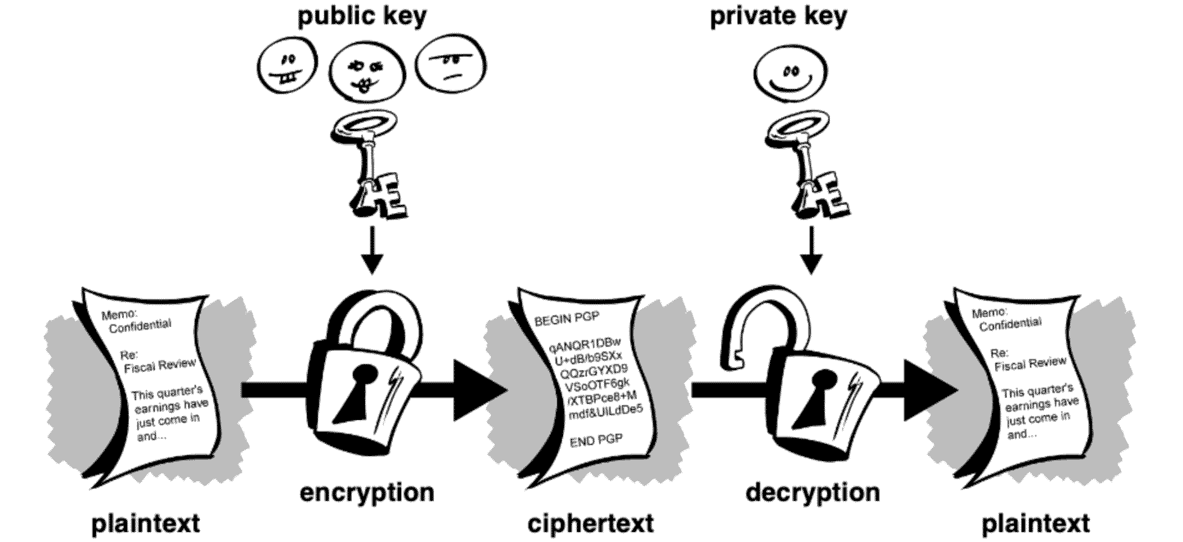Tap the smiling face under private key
[791, 73]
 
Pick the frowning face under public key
[450, 66]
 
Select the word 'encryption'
[367, 492]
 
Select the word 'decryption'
[812, 492]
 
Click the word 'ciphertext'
[590, 524]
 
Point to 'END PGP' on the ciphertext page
[596, 440]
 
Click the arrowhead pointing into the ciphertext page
[480, 390]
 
